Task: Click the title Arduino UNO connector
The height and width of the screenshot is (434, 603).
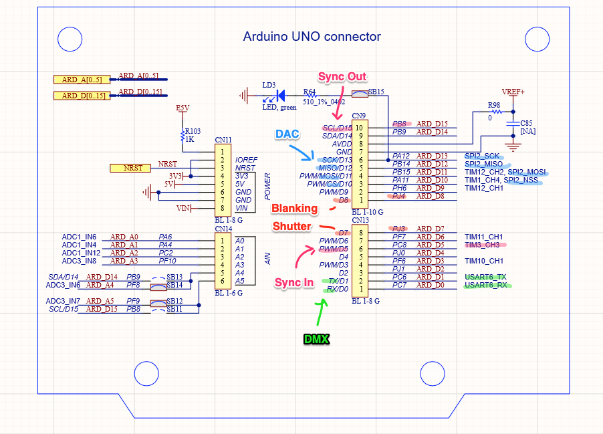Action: coord(312,37)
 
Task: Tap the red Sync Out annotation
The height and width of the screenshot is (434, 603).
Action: coord(342,77)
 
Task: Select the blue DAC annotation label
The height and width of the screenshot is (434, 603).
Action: coord(287,134)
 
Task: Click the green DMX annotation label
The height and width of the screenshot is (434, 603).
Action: coord(316,339)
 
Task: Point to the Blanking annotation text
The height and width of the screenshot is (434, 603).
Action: coord(294,209)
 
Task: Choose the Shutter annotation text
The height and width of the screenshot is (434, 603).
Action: coord(291,226)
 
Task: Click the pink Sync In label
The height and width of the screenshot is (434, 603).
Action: coord(294,283)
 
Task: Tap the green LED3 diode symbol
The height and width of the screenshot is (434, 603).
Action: coord(280,96)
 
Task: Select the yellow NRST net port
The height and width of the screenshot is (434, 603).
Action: coord(130,168)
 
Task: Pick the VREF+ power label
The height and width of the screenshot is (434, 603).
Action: coord(513,92)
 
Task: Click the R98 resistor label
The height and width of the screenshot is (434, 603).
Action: coord(493,106)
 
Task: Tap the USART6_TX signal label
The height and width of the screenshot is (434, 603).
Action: coord(485,277)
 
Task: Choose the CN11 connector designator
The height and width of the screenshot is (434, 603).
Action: coord(223,140)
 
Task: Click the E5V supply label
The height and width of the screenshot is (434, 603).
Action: coord(183,108)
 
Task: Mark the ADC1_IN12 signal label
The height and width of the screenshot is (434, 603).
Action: coord(81,253)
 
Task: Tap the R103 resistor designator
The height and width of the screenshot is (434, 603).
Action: coord(193,131)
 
